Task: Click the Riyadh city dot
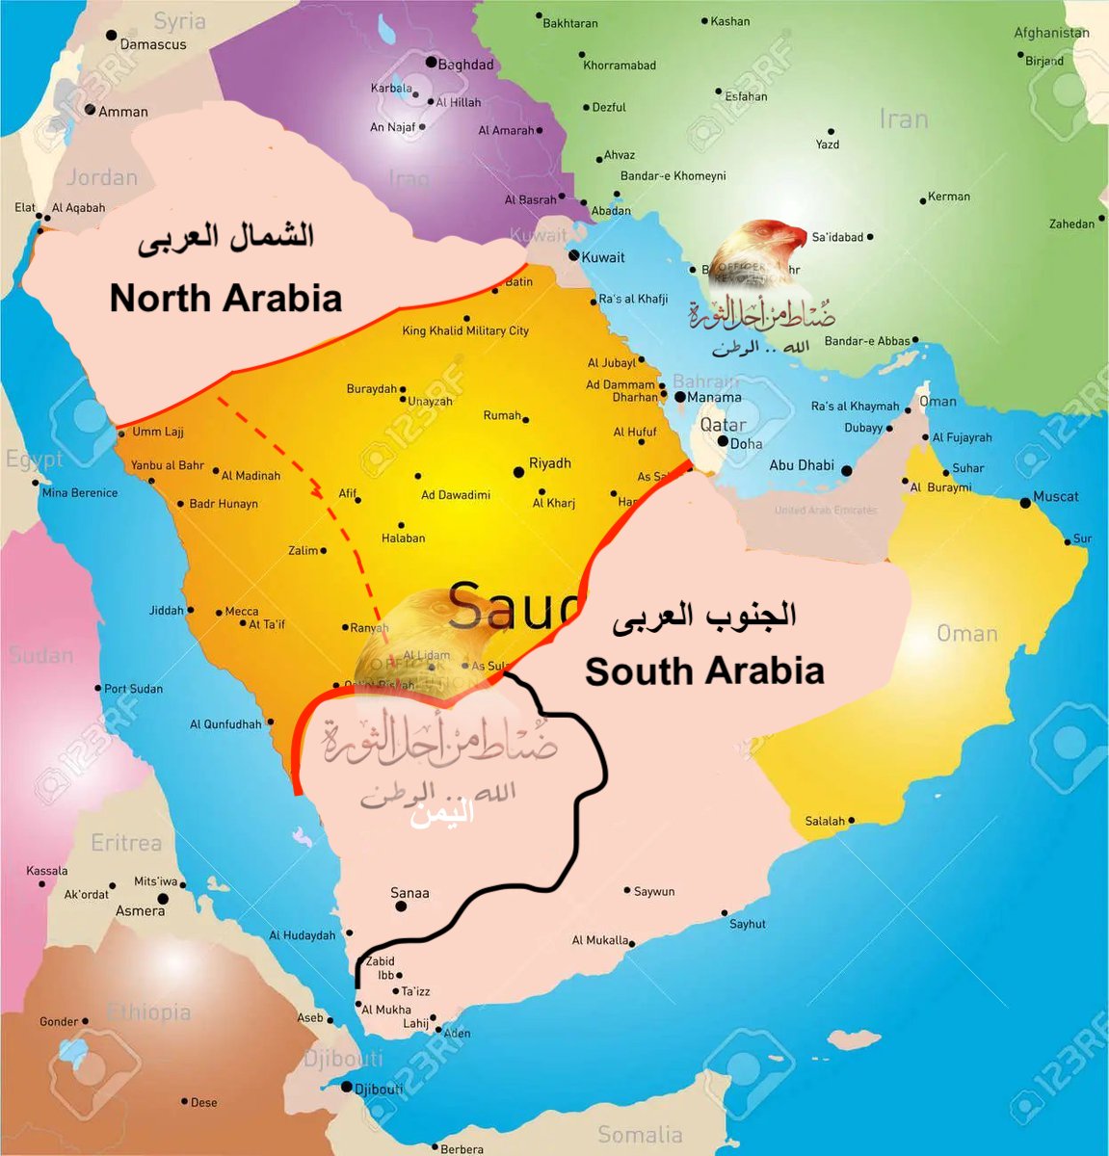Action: click(518, 472)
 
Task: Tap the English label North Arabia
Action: click(225, 298)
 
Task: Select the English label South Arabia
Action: click(704, 671)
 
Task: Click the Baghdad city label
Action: click(465, 65)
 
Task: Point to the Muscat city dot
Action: click(1025, 503)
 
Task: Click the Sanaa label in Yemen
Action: click(409, 893)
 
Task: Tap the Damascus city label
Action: click(152, 44)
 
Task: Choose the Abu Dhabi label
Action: click(802, 465)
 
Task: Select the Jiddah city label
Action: click(166, 611)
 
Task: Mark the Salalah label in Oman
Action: click(825, 822)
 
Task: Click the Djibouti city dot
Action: click(346, 1087)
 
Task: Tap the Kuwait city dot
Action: click(574, 256)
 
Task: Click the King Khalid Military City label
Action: click(465, 330)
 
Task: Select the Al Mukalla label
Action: click(600, 940)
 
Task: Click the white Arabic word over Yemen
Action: click(442, 814)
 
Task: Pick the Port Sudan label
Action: click(133, 689)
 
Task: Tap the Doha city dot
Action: click(723, 441)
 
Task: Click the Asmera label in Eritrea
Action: click(141, 910)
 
